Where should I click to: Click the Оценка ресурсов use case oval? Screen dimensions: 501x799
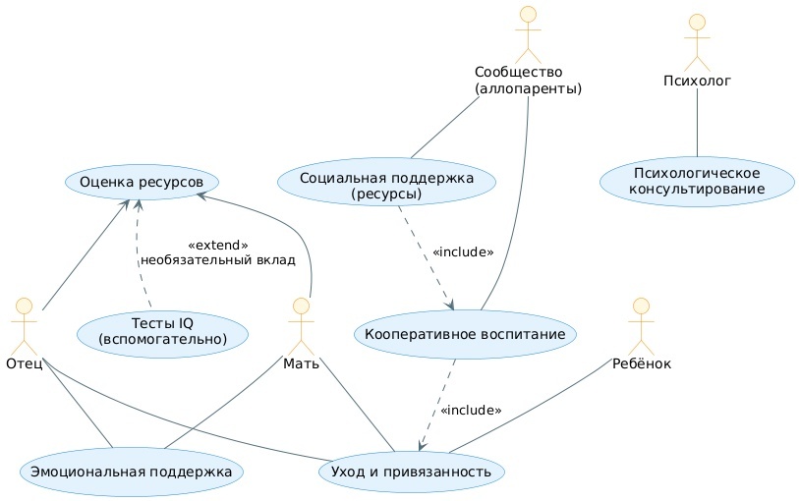pyautogui.click(x=142, y=183)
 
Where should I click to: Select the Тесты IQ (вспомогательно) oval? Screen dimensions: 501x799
pyautogui.click(x=163, y=331)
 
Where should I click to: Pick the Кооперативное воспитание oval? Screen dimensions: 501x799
pyautogui.click(x=464, y=334)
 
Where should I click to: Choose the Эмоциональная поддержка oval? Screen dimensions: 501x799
pyautogui.click(x=131, y=473)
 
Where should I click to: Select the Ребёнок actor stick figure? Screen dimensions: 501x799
pyautogui.click(x=641, y=323)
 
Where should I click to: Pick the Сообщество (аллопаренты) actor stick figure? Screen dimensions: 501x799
pyautogui.click(x=528, y=31)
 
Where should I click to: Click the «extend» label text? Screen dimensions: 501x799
pyautogui.click(x=217, y=245)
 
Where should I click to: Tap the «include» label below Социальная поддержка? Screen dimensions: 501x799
pyautogui.click(x=462, y=252)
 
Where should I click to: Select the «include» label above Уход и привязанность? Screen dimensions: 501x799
pyautogui.click(x=471, y=410)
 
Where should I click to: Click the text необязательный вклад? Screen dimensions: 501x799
pyautogui.click(x=217, y=260)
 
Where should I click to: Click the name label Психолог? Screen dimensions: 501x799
pyautogui.click(x=697, y=82)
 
